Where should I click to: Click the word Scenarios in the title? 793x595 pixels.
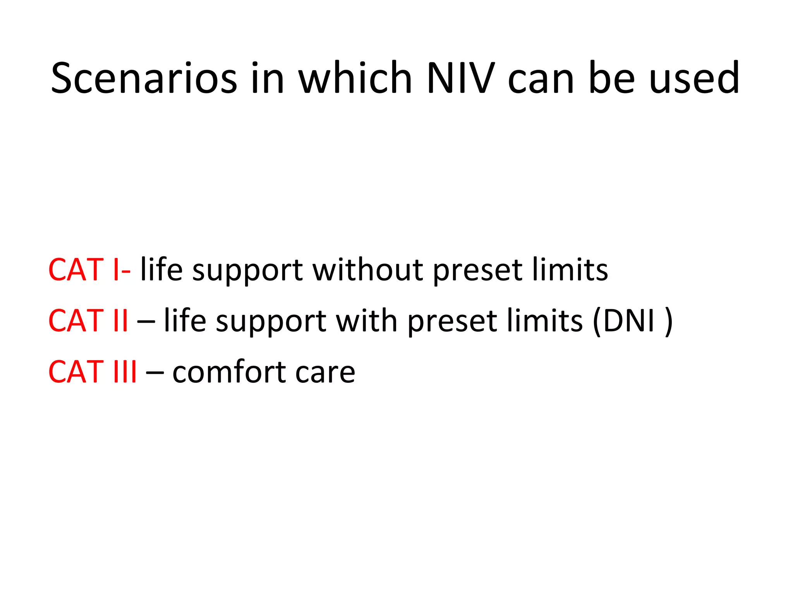pyautogui.click(x=144, y=78)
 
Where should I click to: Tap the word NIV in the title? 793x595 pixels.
pyautogui.click(x=460, y=78)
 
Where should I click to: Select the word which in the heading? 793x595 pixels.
pyautogui.click(x=355, y=78)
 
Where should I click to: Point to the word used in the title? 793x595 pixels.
pyautogui.click(x=694, y=78)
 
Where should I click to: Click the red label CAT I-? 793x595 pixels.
pyautogui.click(x=89, y=270)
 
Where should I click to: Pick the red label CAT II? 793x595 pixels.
pyautogui.click(x=88, y=321)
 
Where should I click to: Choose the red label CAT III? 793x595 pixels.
pyautogui.click(x=93, y=372)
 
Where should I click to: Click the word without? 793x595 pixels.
pyautogui.click(x=367, y=270)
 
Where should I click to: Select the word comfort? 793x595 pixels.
pyautogui.click(x=228, y=372)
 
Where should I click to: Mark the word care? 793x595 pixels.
pyautogui.click(x=325, y=372)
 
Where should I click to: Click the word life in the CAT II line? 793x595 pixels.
pyautogui.click(x=185, y=321)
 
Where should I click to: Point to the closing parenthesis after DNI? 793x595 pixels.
pyautogui.click(x=668, y=322)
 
